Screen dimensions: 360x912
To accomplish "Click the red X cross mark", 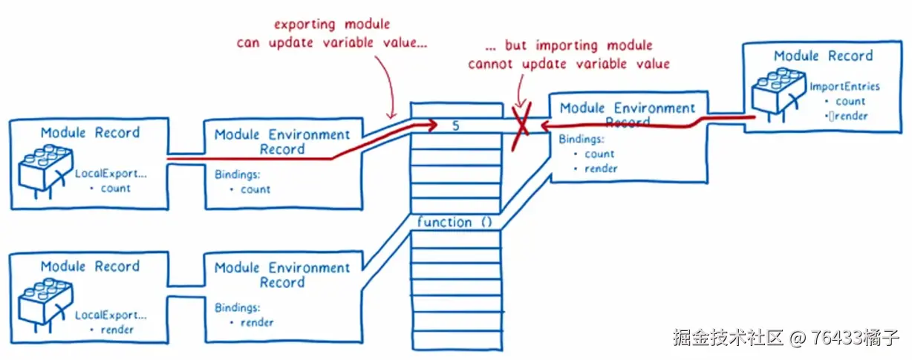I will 522,121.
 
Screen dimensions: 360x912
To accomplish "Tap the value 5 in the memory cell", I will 455,125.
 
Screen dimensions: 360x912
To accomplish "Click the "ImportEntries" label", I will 844,86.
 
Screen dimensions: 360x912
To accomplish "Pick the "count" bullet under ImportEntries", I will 850,102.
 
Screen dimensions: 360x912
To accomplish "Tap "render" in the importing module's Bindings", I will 601,168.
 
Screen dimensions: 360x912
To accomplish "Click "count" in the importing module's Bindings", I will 599,154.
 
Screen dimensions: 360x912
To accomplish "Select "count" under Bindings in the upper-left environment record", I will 255,189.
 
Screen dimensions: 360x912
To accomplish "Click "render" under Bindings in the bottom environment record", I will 257,323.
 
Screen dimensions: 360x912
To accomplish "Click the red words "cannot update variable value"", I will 569,64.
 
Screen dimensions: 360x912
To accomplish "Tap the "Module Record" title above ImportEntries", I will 823,56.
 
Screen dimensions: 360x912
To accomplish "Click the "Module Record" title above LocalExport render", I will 90,266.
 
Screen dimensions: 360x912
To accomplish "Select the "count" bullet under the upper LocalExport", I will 115,189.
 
